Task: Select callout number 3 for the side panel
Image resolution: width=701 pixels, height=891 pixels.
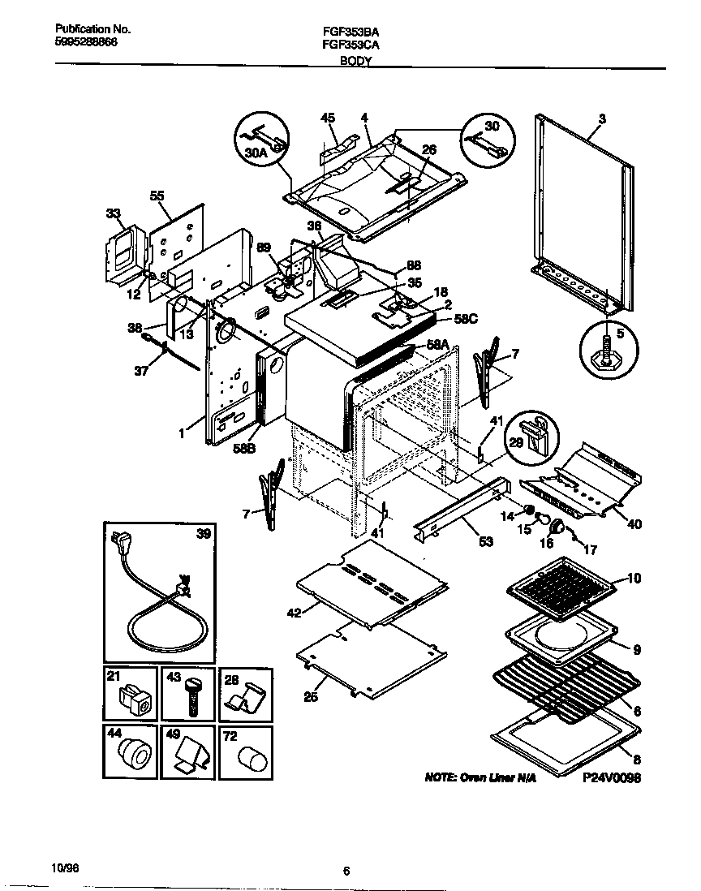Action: tap(601, 118)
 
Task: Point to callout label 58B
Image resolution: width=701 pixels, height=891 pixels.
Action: tap(246, 447)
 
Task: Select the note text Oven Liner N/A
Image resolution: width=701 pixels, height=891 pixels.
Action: tap(480, 777)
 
